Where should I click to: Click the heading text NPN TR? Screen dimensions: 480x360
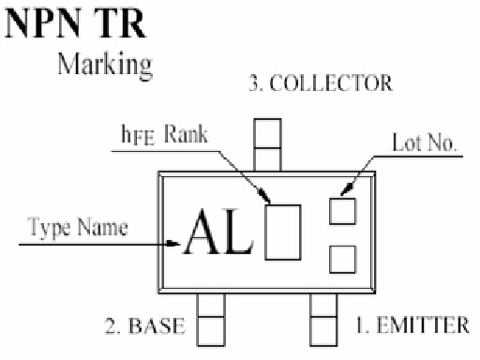75,23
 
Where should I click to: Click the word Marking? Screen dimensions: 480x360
105,66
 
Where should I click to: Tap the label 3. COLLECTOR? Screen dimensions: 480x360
321,83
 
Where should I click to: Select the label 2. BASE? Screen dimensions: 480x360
144,325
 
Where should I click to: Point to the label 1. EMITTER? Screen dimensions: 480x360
412,324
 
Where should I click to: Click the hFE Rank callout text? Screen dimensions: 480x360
164,135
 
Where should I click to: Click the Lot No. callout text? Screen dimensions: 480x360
424,142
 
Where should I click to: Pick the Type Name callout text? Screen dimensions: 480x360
78,227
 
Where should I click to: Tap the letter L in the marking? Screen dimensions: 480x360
237,232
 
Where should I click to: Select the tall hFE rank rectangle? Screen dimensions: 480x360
283,232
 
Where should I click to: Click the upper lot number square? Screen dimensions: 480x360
342,211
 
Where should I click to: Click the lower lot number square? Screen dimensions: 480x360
342,260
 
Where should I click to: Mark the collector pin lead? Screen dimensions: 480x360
267,144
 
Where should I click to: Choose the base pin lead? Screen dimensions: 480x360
211,320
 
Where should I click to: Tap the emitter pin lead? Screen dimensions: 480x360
323,320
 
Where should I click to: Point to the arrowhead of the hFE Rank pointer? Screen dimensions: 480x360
264,195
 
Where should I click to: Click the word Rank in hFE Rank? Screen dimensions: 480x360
187,134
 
